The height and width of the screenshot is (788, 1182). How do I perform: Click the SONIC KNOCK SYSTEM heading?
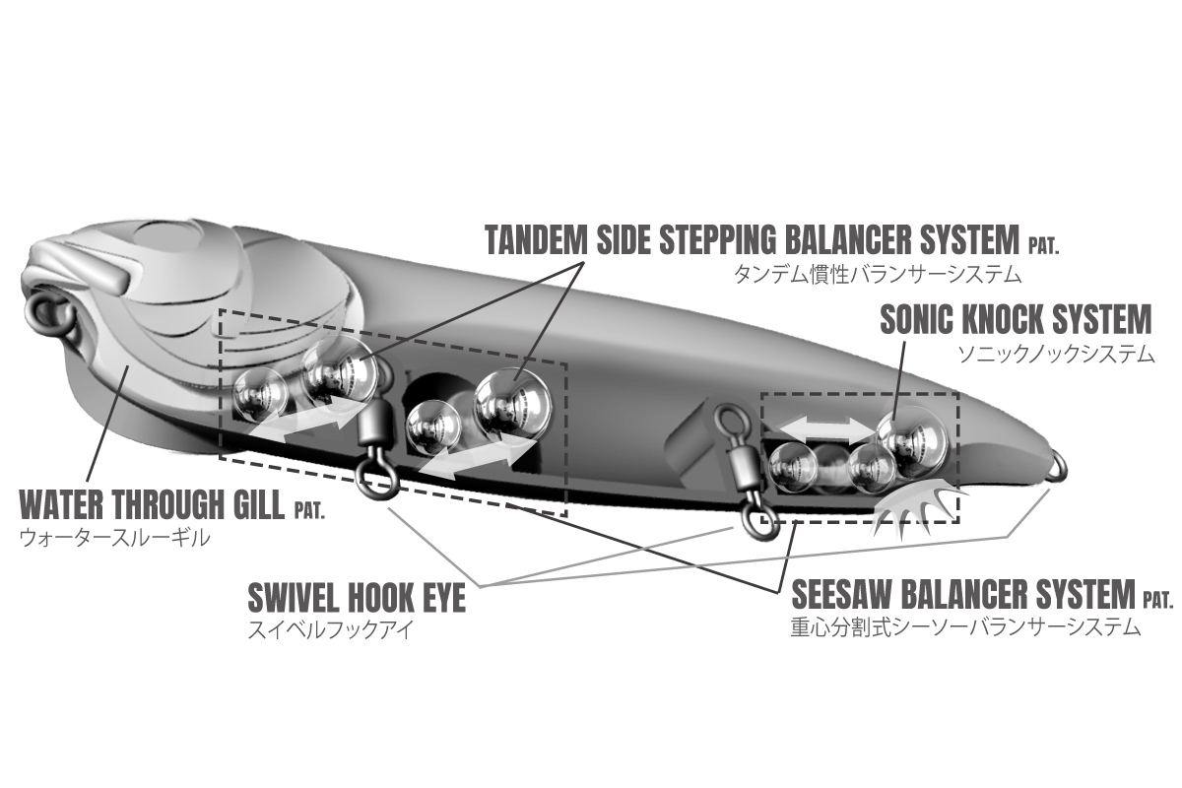click(1015, 320)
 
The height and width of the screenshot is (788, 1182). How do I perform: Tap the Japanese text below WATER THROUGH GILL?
click(114, 538)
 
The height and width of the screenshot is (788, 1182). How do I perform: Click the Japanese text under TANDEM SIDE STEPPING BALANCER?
click(876, 273)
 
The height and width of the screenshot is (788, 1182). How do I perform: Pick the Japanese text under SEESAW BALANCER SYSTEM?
click(965, 627)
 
